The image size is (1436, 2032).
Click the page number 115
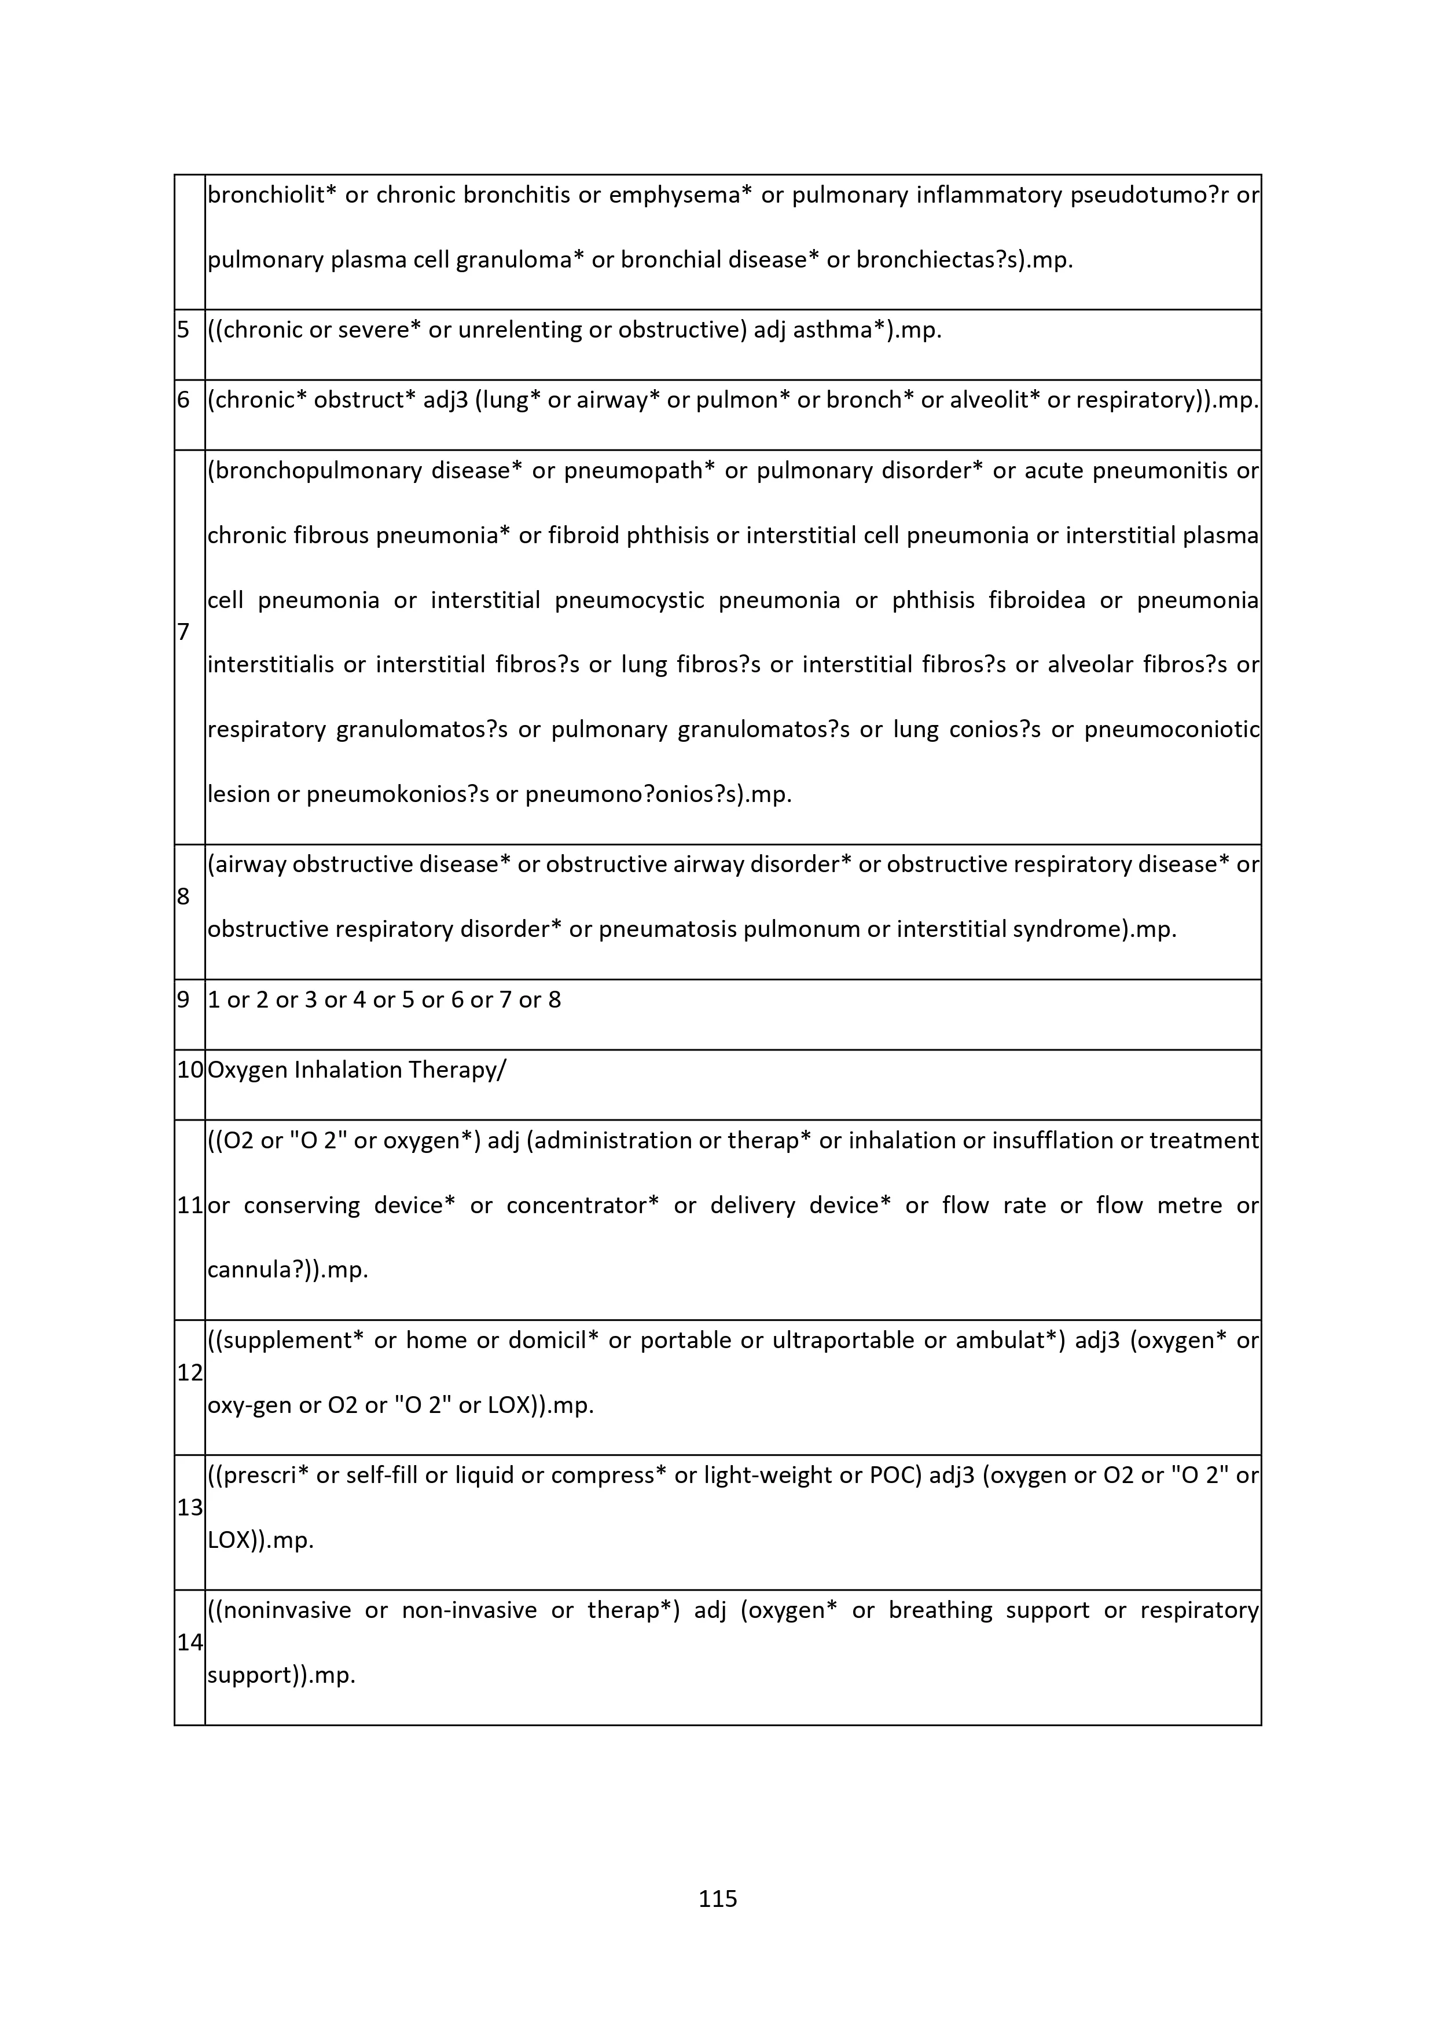click(x=718, y=1898)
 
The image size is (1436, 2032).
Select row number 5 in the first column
click(x=183, y=330)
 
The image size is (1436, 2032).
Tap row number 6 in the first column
click(x=183, y=400)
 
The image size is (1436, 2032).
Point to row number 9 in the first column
click(x=183, y=1000)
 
